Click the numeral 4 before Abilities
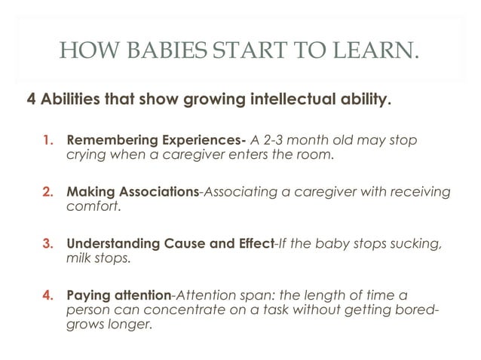[32, 102]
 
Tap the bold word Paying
[88, 297]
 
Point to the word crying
[86, 155]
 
